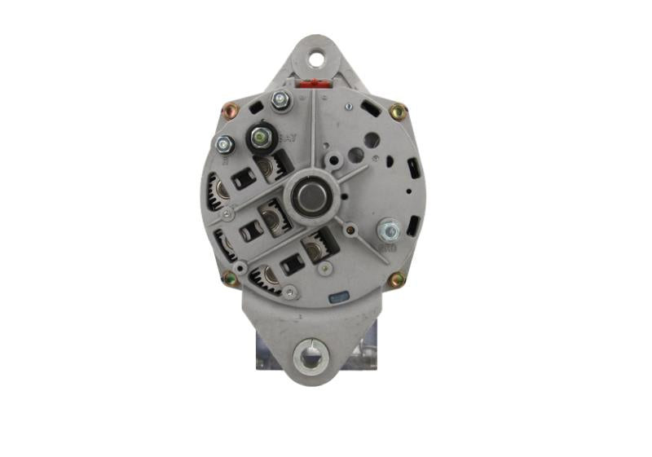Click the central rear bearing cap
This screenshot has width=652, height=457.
pos(310,196)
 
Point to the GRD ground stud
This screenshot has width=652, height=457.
pos(388,231)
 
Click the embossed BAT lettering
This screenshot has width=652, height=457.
pos(287,138)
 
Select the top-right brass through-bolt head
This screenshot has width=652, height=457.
pos(398,111)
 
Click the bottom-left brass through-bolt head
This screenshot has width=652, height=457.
pos(231,279)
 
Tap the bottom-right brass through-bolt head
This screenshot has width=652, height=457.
pos(397,280)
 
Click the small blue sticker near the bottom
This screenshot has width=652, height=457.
pos(335,299)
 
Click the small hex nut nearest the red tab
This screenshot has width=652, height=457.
pos(281,101)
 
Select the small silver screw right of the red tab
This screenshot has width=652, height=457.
pos(348,107)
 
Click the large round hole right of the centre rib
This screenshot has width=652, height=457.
pos(371,139)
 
